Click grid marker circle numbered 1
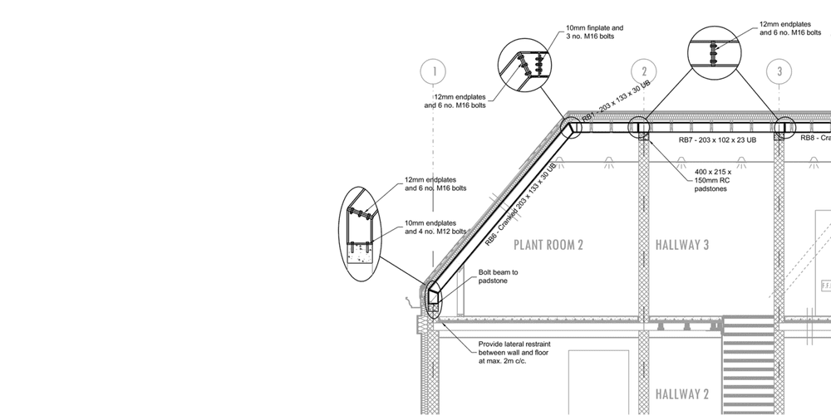(x=433, y=71)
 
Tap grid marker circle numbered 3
(x=779, y=71)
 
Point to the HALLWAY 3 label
(x=682, y=245)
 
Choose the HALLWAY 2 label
(x=682, y=393)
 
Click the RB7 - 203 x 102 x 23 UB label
(x=717, y=140)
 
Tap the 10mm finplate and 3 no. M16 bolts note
(x=594, y=32)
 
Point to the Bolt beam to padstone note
(x=499, y=276)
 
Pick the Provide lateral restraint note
(x=515, y=353)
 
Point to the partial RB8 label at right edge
(x=815, y=138)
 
